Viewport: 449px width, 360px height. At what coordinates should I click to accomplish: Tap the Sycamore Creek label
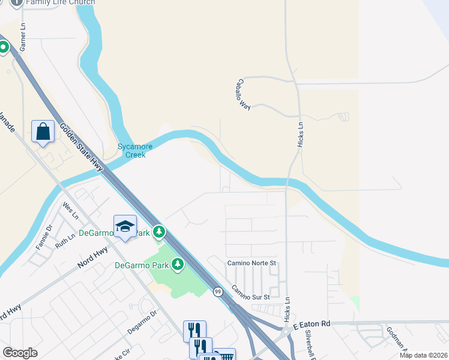tap(135, 150)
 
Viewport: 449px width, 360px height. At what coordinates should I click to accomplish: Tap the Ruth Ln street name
tap(65, 241)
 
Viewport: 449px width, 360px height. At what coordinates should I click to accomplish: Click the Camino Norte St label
tap(251, 263)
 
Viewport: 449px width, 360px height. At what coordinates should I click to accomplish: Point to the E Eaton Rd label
tap(312, 324)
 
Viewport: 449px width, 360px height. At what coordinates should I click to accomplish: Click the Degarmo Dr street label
tap(142, 322)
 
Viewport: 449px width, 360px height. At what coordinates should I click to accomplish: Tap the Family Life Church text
tap(61, 2)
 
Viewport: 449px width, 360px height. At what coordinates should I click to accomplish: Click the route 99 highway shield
tap(217, 292)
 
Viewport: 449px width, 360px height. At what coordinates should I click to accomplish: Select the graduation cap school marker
tap(125, 226)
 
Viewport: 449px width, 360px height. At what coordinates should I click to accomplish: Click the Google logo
tap(20, 353)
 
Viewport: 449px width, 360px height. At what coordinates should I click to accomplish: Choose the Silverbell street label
tap(310, 341)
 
